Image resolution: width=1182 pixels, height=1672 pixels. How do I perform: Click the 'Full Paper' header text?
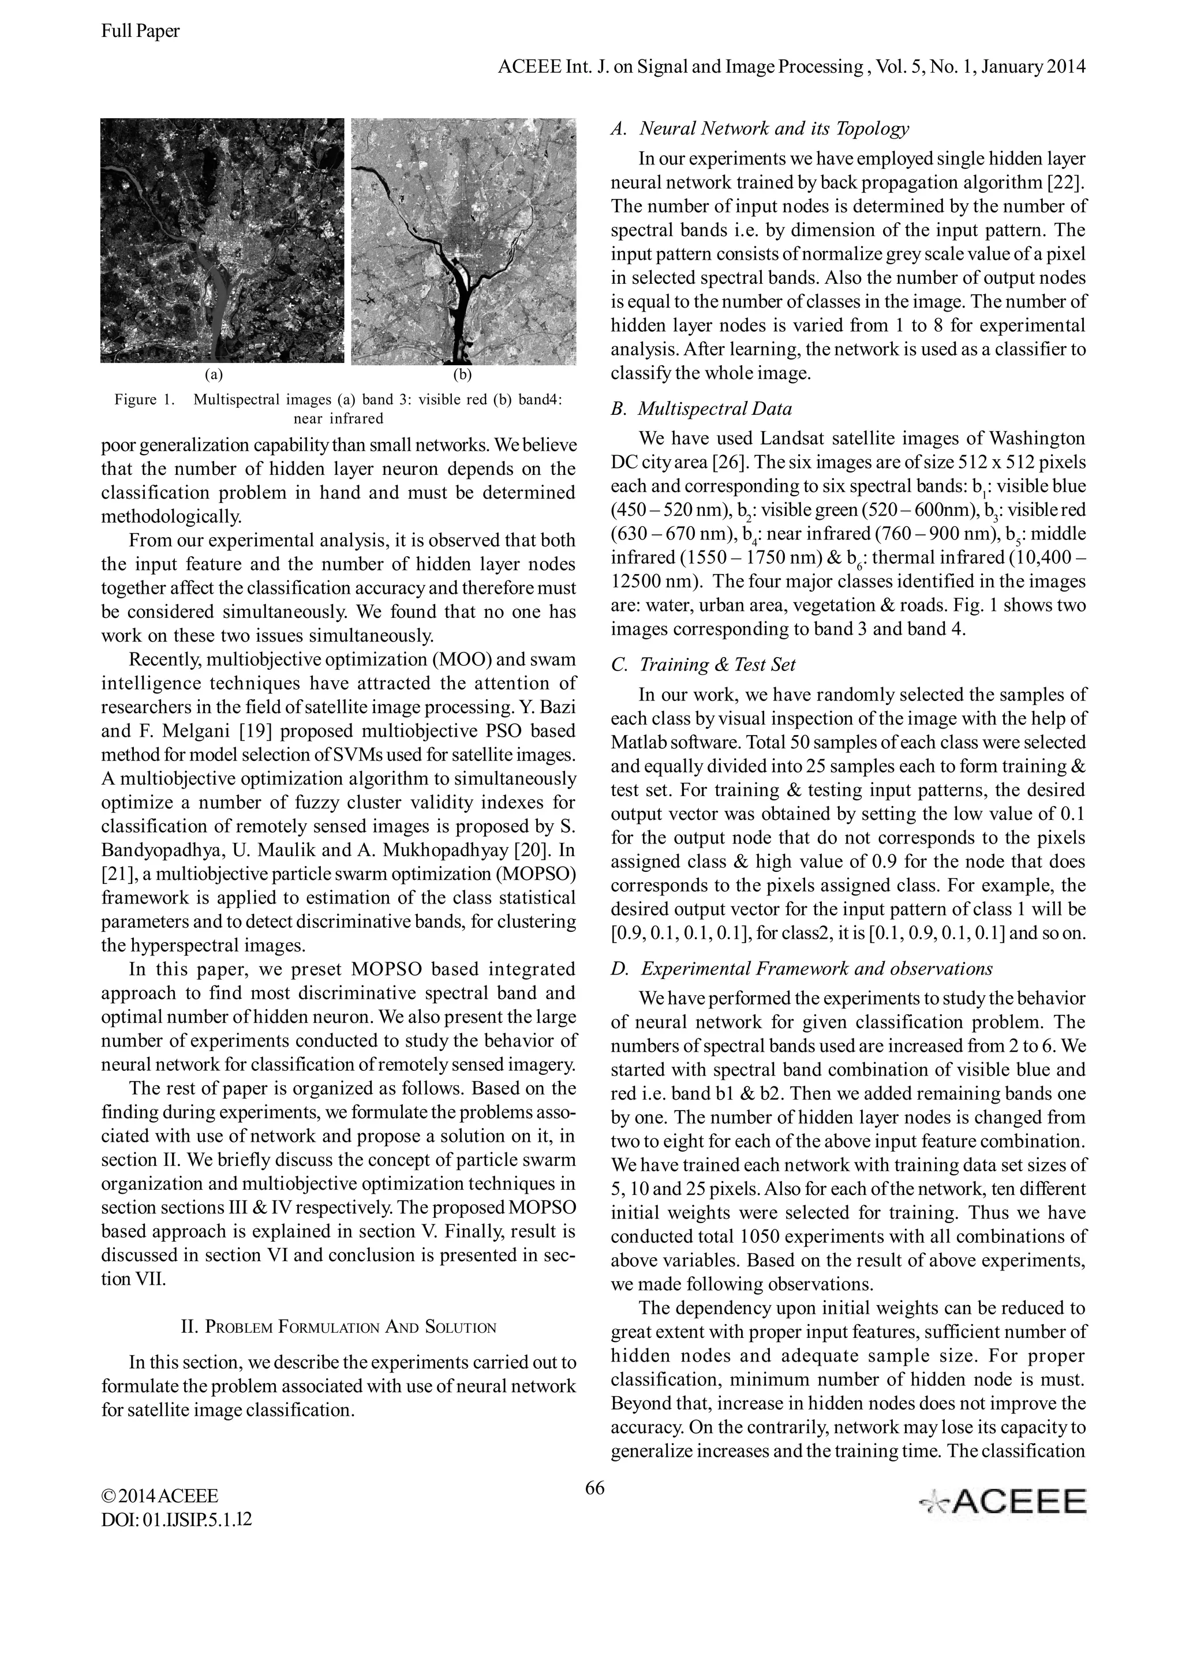(x=140, y=31)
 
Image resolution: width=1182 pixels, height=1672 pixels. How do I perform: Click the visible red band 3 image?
(x=222, y=241)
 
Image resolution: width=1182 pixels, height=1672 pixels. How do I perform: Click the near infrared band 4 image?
(x=464, y=242)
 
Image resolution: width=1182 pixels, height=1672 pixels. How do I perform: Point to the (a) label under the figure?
(x=214, y=375)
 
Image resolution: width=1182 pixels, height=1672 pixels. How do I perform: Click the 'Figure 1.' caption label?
(x=145, y=399)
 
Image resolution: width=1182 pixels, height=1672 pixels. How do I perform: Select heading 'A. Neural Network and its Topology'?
(x=760, y=129)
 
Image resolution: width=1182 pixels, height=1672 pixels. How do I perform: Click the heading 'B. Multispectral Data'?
(x=701, y=408)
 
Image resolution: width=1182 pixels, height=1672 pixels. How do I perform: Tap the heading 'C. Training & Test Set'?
(x=703, y=664)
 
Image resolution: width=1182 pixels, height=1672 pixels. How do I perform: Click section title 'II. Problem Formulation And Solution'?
(x=338, y=1327)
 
